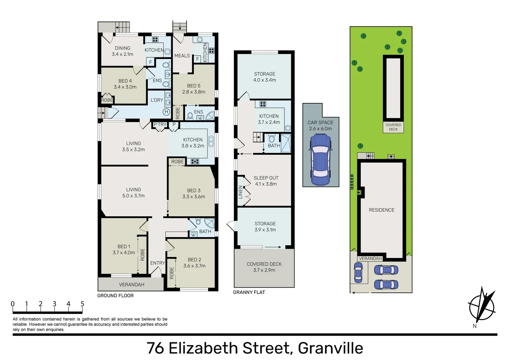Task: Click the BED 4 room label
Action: point(125,81)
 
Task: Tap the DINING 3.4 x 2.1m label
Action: point(122,51)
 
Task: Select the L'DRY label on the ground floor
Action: point(157,100)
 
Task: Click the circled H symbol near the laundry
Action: point(166,112)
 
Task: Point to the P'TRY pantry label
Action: point(160,125)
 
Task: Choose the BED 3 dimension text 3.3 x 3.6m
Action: point(193,197)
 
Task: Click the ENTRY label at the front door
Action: point(157,263)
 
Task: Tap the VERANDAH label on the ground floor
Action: point(131,285)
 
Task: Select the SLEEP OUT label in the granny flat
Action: point(266,178)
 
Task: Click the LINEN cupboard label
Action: point(240,192)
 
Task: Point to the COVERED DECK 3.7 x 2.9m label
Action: point(264,267)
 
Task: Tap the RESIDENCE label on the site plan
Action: point(381,210)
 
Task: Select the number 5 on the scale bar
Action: point(82,304)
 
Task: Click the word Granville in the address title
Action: point(330,348)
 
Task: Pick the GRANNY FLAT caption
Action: point(249,292)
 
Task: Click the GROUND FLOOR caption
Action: point(115,296)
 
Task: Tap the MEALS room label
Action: point(182,56)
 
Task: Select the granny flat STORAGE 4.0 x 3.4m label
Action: point(265,77)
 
